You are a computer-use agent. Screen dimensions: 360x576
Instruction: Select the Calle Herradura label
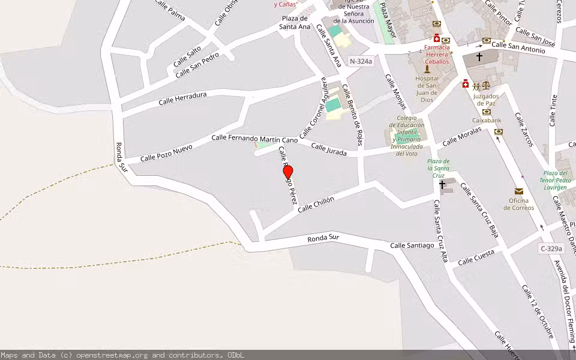(182, 98)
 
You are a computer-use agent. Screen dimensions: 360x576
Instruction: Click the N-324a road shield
(361, 61)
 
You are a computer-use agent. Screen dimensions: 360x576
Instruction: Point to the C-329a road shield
(551, 248)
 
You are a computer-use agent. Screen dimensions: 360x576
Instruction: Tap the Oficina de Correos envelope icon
(518, 191)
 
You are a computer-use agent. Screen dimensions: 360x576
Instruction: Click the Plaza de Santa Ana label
(296, 22)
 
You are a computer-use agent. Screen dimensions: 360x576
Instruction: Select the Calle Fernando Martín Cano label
(254, 139)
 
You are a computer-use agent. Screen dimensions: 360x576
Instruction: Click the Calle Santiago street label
(412, 245)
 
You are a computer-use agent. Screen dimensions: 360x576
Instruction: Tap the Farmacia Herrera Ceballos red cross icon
(436, 38)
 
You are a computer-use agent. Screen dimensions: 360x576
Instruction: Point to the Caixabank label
(487, 121)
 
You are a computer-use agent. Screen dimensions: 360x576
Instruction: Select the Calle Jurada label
(329, 150)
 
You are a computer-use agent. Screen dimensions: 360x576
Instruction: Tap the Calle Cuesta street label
(476, 257)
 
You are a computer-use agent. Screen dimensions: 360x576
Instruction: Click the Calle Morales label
(462, 137)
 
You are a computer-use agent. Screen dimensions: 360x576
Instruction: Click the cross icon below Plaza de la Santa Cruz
(442, 185)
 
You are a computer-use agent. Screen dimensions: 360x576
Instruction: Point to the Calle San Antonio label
(518, 47)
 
